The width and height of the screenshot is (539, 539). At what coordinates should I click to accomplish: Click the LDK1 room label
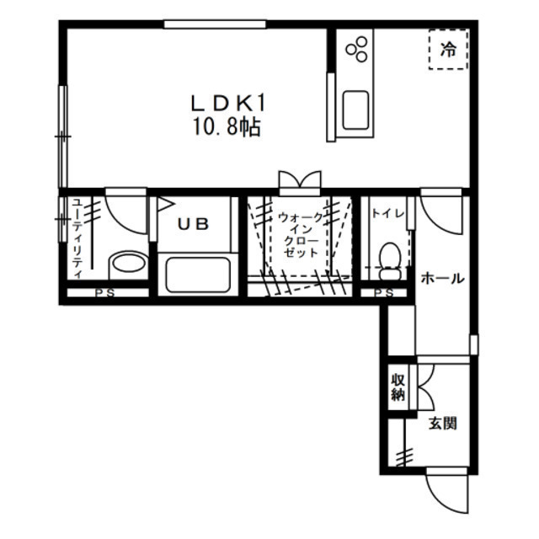coord(228,104)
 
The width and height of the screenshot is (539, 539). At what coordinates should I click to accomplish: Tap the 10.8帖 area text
coord(227,127)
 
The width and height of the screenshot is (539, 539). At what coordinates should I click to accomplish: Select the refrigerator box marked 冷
coord(448,50)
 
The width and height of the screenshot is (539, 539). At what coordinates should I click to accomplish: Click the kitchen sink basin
coord(355,110)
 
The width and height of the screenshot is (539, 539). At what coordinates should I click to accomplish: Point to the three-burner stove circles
coord(357,49)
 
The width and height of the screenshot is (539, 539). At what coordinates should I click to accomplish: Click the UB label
coord(193,224)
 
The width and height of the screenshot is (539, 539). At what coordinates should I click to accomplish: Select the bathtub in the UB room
coord(198,275)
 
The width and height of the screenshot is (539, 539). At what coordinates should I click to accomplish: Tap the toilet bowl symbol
coord(390,261)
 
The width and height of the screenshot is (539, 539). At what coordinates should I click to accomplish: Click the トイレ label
coord(387,213)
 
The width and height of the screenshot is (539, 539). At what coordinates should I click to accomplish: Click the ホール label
coord(442,278)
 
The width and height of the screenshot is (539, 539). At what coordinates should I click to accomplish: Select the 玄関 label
coord(443,424)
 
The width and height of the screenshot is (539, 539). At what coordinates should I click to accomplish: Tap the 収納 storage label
coord(398,387)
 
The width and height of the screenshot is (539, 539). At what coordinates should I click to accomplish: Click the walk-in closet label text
coord(300,235)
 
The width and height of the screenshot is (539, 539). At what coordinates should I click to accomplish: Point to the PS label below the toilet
coord(384,293)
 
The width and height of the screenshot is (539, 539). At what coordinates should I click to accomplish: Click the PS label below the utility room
coord(104,293)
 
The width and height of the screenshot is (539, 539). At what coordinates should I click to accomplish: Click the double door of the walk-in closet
coord(300,179)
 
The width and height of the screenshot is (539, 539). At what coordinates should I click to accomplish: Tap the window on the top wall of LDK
coord(215,24)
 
